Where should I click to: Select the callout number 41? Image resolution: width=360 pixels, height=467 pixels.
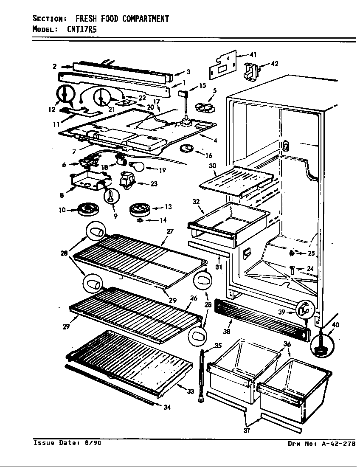pyautogui.click(x=253, y=54)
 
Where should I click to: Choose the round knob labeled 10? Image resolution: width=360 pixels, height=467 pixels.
pyautogui.click(x=89, y=208)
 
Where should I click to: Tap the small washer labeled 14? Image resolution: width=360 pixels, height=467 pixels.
pyautogui.click(x=140, y=220)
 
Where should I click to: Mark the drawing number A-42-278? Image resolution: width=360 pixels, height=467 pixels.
pyautogui.click(x=337, y=444)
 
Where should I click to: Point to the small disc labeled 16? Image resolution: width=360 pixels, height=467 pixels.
pyautogui.click(x=187, y=148)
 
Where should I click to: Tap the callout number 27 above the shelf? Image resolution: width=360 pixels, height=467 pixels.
pyautogui.click(x=170, y=231)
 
